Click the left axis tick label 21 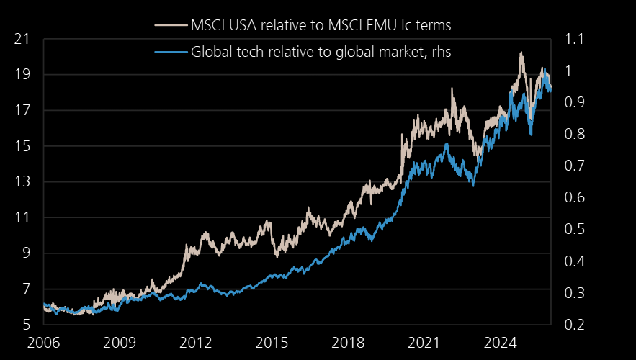pyautogui.click(x=22, y=39)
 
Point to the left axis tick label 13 pyautogui.click(x=22, y=182)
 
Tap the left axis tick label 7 pyautogui.click(x=26, y=289)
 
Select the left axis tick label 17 pyautogui.click(x=22, y=111)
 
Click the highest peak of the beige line pyautogui.click(x=521, y=53)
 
